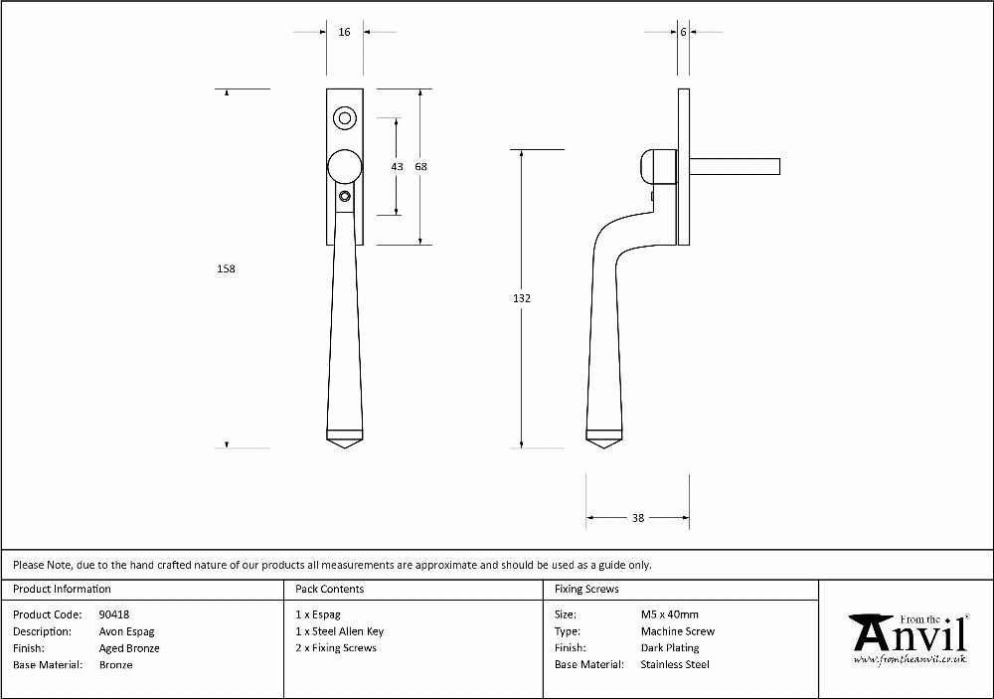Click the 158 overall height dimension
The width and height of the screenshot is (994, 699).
[226, 268]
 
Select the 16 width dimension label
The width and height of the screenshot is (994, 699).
[344, 32]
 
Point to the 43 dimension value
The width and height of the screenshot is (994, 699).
[397, 167]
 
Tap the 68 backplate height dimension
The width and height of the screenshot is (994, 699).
[420, 167]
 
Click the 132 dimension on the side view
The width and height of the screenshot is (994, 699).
[522, 298]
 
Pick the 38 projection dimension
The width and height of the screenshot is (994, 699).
[638, 518]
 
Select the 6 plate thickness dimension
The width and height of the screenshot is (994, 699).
[684, 32]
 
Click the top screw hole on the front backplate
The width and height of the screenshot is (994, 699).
[344, 118]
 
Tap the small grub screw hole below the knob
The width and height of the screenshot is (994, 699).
[344, 196]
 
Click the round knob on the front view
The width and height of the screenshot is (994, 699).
[345, 167]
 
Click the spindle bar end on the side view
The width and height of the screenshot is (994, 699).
[778, 166]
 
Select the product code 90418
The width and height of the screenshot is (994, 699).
[114, 614]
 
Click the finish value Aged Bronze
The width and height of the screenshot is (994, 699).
[129, 648]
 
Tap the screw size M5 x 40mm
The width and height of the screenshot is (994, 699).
[669, 614]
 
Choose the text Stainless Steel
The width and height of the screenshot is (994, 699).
[675, 665]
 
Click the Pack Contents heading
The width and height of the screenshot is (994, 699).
[330, 590]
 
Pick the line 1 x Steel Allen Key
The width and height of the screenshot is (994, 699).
[340, 631]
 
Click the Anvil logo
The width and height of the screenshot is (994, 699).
[911, 638]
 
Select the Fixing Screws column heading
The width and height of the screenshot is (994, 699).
[586, 590]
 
